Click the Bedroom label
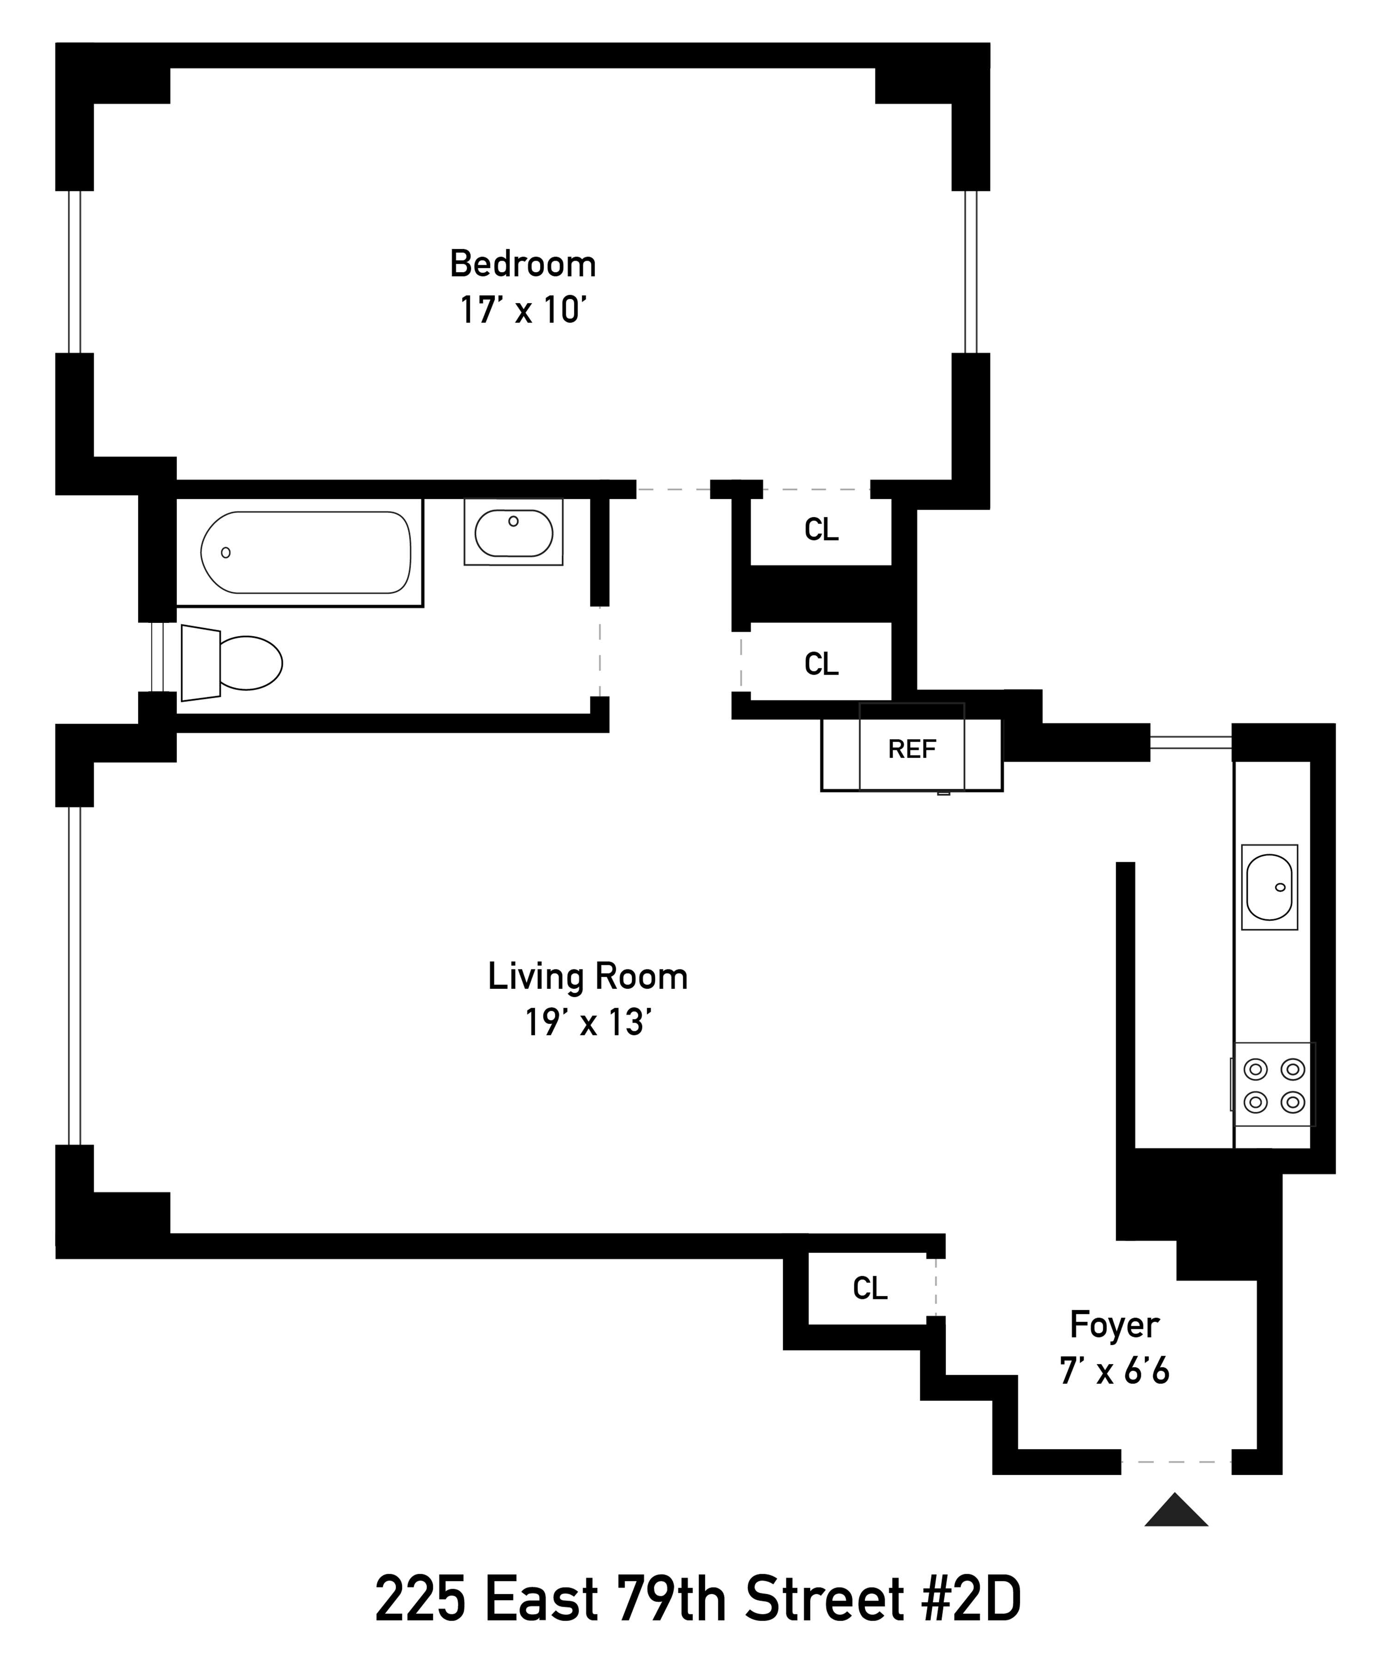tap(523, 264)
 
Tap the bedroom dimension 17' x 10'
tap(523, 310)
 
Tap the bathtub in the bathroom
tap(305, 552)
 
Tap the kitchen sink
tap(1269, 887)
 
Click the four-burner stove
tap(1274, 1085)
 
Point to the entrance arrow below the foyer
tap(1175, 1511)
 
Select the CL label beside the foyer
tap(869, 1288)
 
